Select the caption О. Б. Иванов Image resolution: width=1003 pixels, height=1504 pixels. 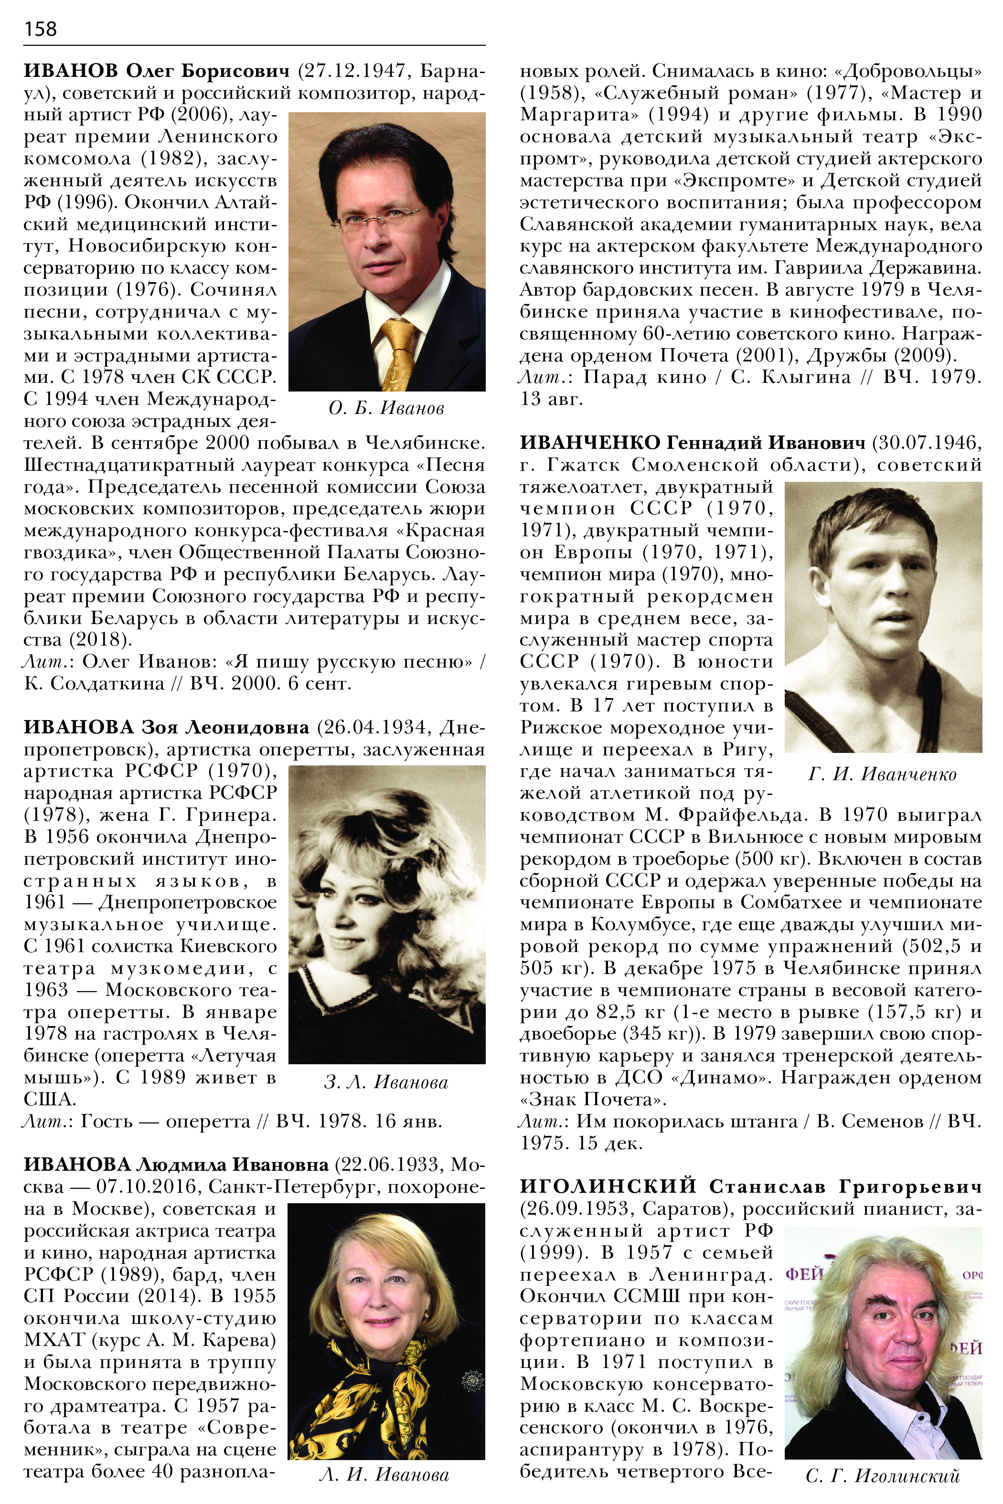[386, 408]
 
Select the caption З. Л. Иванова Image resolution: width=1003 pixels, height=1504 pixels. [386, 1082]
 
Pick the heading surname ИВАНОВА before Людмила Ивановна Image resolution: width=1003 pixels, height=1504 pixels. [77, 1165]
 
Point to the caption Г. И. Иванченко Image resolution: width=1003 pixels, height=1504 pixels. [882, 774]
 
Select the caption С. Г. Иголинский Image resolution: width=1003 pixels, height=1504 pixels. [882, 1476]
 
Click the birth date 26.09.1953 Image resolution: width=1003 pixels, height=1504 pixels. [576, 1208]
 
